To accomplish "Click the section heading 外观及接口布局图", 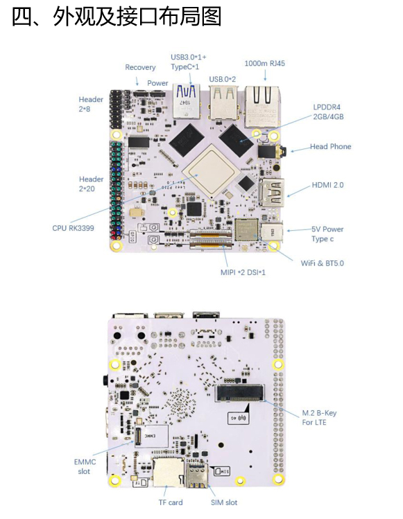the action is (x=137, y=17).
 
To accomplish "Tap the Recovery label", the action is (x=140, y=67).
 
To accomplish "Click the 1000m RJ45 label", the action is (x=264, y=63).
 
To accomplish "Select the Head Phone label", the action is (x=330, y=146).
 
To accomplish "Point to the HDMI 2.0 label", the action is (x=327, y=185).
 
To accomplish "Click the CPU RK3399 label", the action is (x=73, y=228).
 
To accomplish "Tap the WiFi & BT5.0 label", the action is (x=322, y=263).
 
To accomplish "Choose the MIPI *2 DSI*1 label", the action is (x=243, y=272).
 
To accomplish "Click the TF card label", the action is (x=171, y=502).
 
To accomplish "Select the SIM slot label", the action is (x=224, y=502).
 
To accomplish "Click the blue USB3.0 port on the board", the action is (x=187, y=100).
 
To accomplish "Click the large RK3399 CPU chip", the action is (x=211, y=170).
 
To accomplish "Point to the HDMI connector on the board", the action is (x=272, y=193).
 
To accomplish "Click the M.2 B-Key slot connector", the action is (x=240, y=393).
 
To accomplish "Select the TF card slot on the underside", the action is (x=168, y=473).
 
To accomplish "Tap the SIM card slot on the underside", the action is (x=197, y=475).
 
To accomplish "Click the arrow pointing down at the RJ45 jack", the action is (x=265, y=75).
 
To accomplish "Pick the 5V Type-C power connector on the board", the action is (x=272, y=231).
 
